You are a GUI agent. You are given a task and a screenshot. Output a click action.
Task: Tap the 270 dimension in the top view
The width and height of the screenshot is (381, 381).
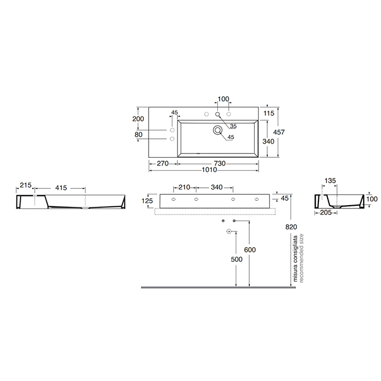(x=162, y=162)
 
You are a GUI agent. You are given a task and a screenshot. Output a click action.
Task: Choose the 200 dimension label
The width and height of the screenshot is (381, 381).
(x=139, y=119)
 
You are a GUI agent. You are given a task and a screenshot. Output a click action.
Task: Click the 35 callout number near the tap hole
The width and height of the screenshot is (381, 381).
(x=233, y=126)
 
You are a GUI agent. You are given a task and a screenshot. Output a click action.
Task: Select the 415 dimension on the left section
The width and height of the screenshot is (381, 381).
(x=60, y=188)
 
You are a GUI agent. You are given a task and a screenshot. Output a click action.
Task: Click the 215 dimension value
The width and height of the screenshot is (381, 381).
(x=26, y=186)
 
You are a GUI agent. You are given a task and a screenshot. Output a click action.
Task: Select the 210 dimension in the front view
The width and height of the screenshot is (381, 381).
(x=184, y=188)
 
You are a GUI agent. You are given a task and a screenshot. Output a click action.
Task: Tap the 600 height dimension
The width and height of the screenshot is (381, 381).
(x=249, y=249)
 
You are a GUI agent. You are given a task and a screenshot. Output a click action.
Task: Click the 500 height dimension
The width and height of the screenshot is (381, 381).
(x=235, y=260)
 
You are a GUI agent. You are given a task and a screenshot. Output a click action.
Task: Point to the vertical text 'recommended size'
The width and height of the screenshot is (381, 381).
(x=302, y=257)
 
